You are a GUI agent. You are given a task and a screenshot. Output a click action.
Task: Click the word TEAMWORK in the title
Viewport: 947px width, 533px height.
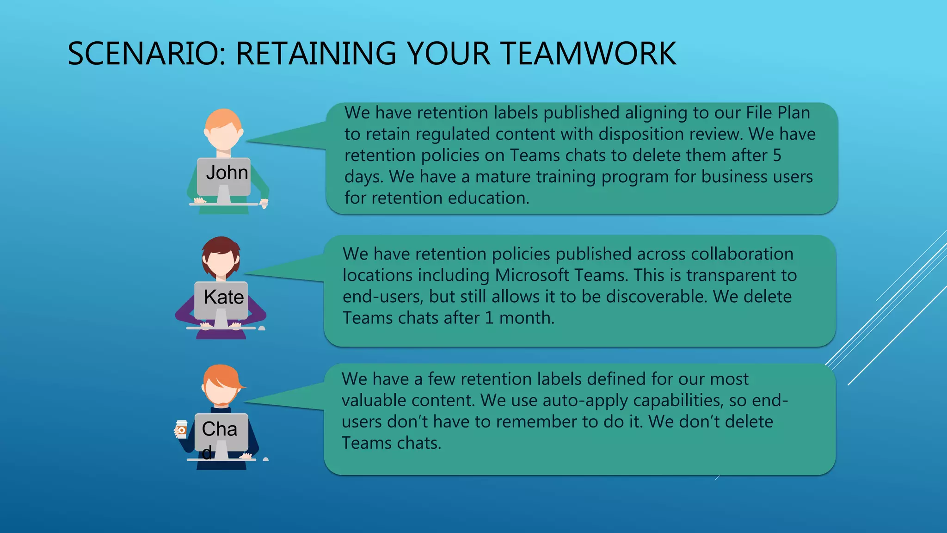click(x=588, y=54)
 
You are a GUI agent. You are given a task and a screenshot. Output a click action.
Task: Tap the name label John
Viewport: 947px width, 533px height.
click(x=227, y=173)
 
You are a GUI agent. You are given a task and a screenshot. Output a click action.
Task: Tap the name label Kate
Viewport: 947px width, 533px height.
click(x=224, y=297)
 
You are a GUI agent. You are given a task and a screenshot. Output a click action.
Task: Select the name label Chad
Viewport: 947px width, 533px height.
click(x=219, y=429)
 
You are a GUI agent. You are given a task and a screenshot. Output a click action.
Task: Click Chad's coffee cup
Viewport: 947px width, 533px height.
click(x=181, y=429)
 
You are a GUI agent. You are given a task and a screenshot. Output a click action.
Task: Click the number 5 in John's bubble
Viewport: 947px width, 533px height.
click(x=777, y=155)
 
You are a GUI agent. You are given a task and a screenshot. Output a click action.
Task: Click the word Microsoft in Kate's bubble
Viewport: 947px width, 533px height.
click(x=532, y=275)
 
